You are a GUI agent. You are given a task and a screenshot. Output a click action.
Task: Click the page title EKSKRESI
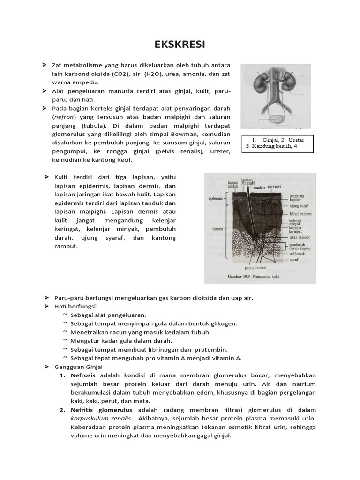coord(180,45)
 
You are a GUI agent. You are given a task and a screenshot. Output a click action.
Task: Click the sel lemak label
coord(298,252)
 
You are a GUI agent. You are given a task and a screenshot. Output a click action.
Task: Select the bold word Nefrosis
coord(83,375)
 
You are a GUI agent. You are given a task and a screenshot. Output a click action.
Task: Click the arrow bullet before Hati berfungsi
coord(47,306)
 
